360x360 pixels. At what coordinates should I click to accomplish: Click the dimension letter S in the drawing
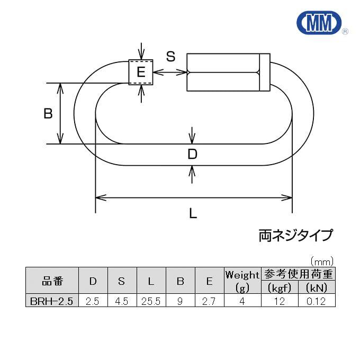170,57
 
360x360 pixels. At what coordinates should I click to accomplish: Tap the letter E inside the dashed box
141,73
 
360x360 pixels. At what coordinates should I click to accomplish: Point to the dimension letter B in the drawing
48,113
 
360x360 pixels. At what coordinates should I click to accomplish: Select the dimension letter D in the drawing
193,154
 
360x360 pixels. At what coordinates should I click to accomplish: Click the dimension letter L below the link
193,213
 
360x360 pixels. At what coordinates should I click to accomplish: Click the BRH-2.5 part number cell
52,301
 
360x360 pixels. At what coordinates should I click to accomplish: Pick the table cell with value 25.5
151,301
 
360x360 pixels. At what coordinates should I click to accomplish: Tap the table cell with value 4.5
122,301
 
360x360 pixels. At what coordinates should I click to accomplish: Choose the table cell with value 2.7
209,301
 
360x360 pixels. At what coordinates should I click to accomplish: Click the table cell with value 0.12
317,301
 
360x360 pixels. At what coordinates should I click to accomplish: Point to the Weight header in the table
242,275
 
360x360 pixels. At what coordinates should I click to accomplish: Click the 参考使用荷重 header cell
298,274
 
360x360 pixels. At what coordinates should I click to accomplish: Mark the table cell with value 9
180,301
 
